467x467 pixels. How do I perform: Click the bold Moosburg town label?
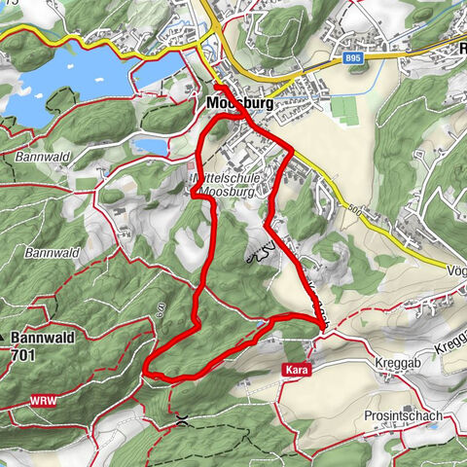click(238, 102)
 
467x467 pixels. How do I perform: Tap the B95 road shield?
click(355, 59)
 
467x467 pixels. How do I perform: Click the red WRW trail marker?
click(42, 400)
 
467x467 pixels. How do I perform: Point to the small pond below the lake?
click(148, 146)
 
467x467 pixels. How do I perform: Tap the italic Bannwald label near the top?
click(39, 156)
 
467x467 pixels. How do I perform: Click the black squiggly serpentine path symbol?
click(259, 256)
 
